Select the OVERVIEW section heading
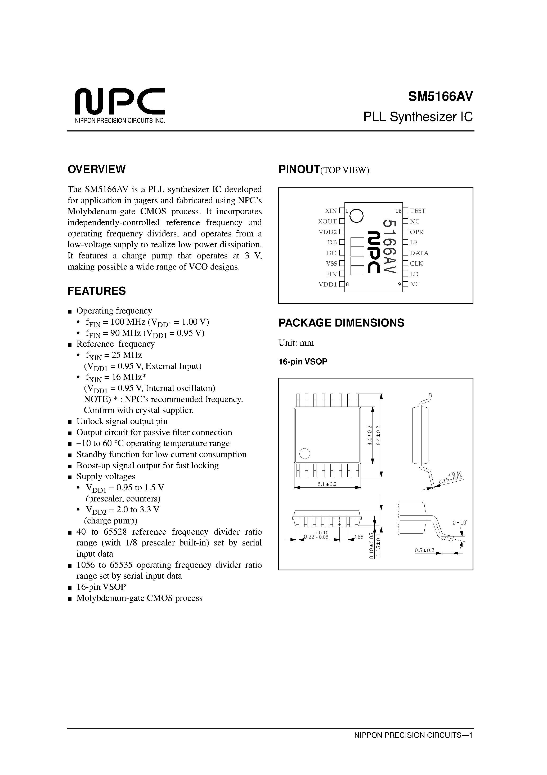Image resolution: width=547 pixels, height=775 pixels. tap(96, 169)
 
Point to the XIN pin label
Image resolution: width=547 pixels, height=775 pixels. tap(331, 211)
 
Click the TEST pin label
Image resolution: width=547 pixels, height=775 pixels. tap(418, 211)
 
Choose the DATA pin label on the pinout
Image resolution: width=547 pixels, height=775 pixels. tap(419, 253)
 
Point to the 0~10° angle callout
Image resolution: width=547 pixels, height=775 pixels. tap(460, 523)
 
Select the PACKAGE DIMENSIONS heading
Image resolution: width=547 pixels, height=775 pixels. tap(341, 323)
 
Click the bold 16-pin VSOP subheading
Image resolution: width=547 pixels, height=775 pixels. tap(303, 362)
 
